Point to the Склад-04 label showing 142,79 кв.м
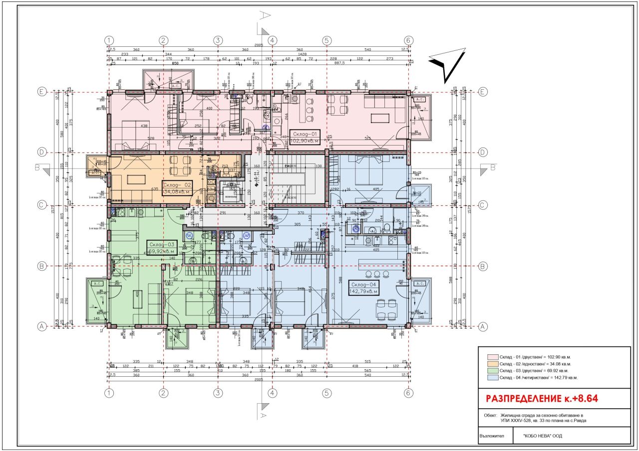[x=363, y=288]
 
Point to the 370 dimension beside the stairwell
[x=301, y=213]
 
